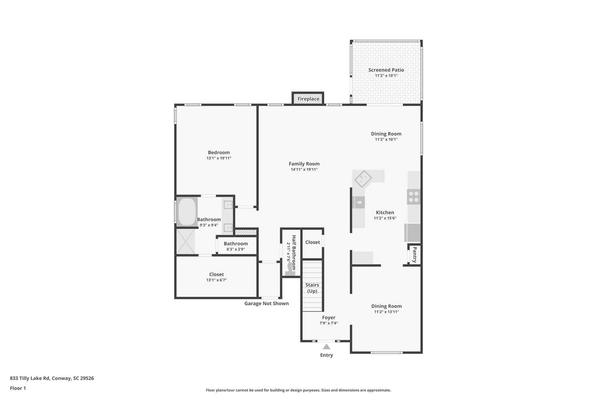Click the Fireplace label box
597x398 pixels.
[x=308, y=99]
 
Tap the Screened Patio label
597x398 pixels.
[x=386, y=70]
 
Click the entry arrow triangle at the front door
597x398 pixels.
[x=326, y=347]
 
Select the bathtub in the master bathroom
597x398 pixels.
[x=187, y=212]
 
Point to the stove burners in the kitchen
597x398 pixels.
[x=414, y=197]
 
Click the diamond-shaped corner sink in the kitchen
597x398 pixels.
[x=363, y=179]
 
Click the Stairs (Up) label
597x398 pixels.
[x=312, y=288]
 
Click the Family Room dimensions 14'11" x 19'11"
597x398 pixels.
[x=304, y=169]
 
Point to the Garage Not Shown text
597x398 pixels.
[x=266, y=304]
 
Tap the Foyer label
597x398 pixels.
[x=329, y=318]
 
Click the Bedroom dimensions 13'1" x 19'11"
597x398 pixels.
[x=219, y=158]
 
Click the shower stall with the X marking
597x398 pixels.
[x=185, y=241]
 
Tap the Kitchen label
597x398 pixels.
[x=385, y=213]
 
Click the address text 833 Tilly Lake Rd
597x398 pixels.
[x=52, y=378]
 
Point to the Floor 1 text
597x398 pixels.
[x=18, y=388]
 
